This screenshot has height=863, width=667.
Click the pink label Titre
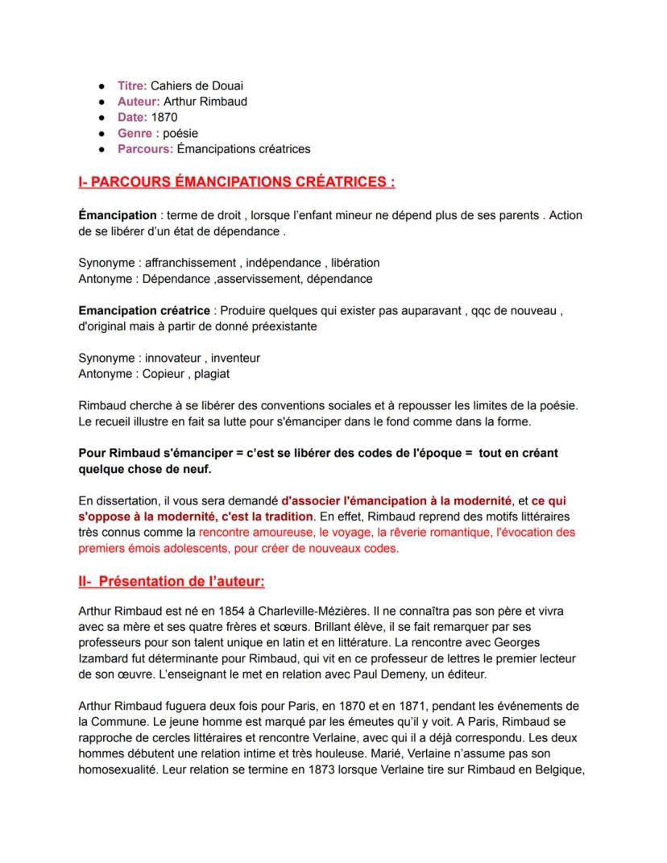[132, 85]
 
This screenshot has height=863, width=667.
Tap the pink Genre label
[135, 133]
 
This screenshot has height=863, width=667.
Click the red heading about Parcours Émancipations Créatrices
[237, 182]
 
